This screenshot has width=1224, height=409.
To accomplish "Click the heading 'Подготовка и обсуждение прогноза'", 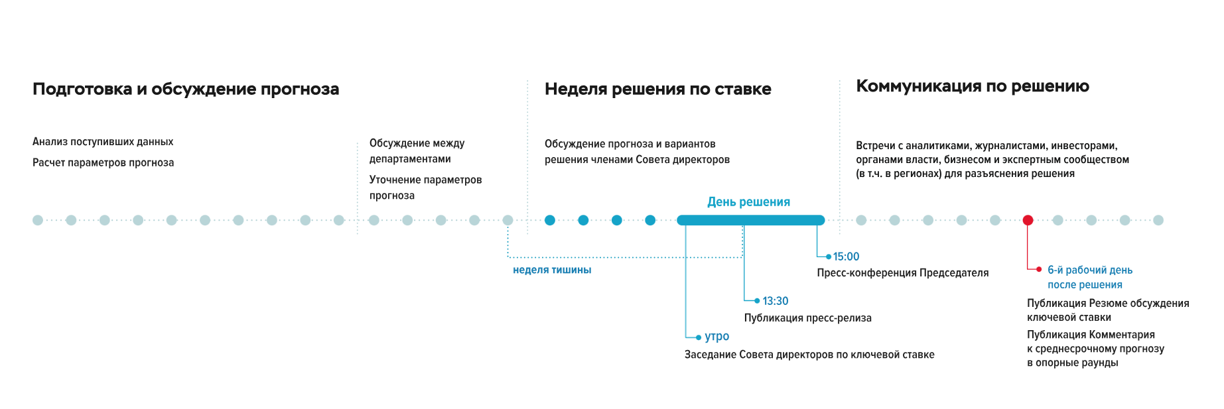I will [x=186, y=89].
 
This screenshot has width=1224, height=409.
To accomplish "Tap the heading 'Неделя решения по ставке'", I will [x=657, y=89].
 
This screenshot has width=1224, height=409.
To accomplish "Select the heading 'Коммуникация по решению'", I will [x=972, y=86].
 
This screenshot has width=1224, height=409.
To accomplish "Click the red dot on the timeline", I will [x=1028, y=220].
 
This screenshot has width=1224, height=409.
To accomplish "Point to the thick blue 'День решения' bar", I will [x=750, y=220].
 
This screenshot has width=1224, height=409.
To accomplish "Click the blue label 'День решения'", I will [x=748, y=202].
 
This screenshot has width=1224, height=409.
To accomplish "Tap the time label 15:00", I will [x=846, y=257].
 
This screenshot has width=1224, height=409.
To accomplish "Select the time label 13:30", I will [x=775, y=301].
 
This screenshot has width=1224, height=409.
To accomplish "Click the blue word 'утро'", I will [x=716, y=337].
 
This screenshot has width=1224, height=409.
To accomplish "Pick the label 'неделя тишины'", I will [x=552, y=270].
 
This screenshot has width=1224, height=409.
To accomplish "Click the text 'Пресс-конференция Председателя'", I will [x=902, y=273].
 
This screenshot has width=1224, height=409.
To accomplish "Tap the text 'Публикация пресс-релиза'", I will [x=807, y=318].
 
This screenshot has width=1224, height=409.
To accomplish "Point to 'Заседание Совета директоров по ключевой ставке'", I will [x=809, y=355].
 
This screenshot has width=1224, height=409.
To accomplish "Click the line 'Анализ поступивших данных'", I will [x=103, y=142].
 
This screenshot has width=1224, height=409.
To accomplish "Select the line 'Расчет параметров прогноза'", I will [x=103, y=163].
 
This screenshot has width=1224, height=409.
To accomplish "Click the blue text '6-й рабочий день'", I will [x=1090, y=270].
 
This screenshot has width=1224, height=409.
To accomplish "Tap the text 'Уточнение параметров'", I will [x=425, y=180].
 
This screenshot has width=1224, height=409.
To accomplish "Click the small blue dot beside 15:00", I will [x=829, y=257].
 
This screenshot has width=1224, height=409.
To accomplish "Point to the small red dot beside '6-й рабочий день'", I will [x=1039, y=269].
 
